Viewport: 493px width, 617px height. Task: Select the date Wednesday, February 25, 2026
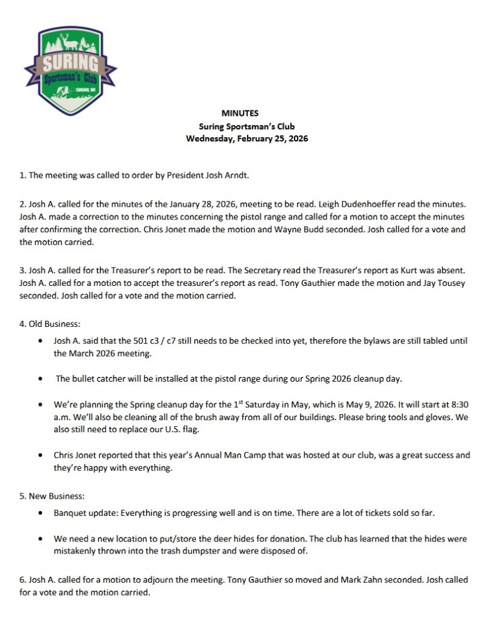click(246, 138)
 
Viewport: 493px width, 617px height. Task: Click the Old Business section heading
click(46, 324)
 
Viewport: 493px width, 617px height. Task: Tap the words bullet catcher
click(97, 379)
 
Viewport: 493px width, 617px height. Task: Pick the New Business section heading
click(47, 496)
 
